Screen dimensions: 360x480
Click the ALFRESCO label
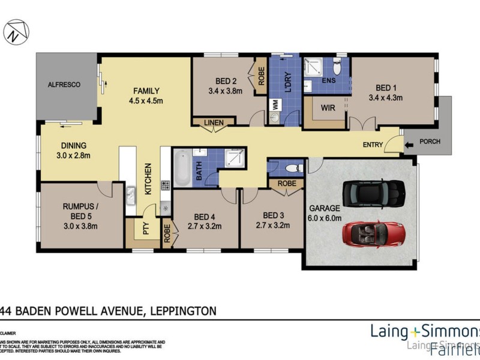[64, 85]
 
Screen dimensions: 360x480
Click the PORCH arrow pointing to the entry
[410, 145]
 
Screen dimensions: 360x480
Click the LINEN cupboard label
[213, 123]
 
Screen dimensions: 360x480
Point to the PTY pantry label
[144, 230]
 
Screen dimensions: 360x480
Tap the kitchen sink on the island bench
[131, 194]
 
